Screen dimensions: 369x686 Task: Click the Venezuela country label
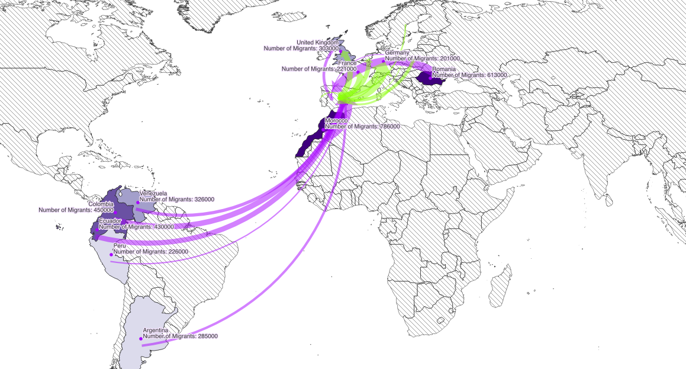(153, 193)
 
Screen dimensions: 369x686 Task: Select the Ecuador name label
(109, 221)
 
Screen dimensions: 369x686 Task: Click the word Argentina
(156, 330)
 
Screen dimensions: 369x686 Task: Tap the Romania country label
(444, 69)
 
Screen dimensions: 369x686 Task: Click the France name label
(347, 63)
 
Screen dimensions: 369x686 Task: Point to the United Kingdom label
(317, 43)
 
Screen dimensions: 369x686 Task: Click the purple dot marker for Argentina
(141, 339)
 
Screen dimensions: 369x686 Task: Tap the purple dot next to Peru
(111, 255)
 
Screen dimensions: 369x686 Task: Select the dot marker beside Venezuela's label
(137, 203)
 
